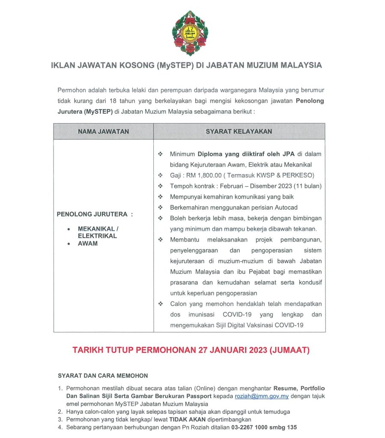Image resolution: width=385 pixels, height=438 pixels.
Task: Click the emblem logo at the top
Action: (189, 33)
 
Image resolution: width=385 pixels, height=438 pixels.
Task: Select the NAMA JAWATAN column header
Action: (103, 131)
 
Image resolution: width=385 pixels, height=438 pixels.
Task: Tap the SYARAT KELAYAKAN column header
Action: (239, 131)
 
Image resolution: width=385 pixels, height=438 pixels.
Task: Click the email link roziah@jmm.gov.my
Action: (262, 397)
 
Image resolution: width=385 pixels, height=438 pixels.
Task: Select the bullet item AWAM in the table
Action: (87, 243)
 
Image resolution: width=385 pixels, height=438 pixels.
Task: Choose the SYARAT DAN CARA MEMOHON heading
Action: (103, 376)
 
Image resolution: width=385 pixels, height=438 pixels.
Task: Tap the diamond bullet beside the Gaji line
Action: (160, 175)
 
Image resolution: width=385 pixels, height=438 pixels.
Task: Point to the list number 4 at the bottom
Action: (60, 427)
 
